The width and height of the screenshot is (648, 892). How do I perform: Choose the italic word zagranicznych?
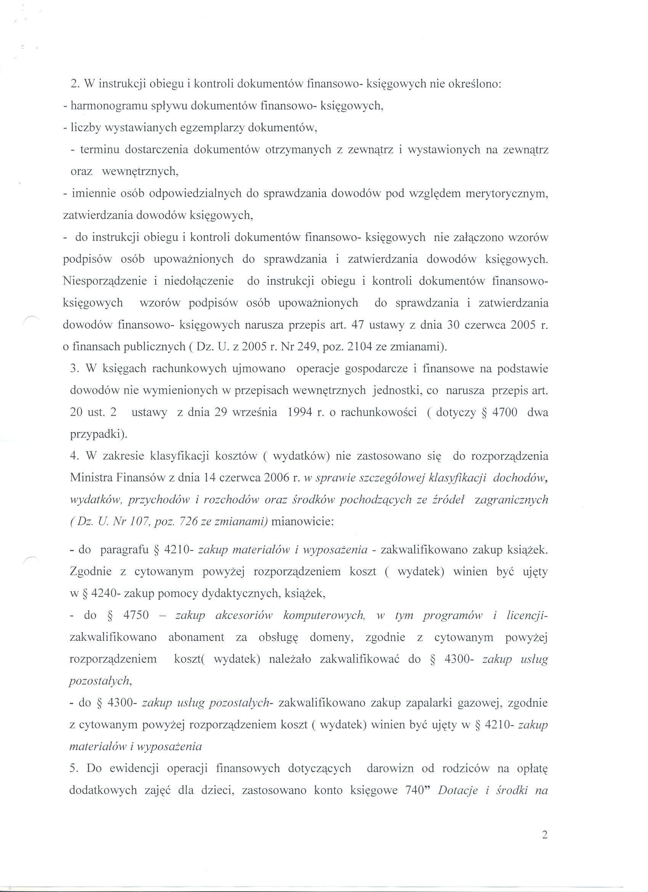(511, 500)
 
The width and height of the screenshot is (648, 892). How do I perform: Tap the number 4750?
(136, 616)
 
